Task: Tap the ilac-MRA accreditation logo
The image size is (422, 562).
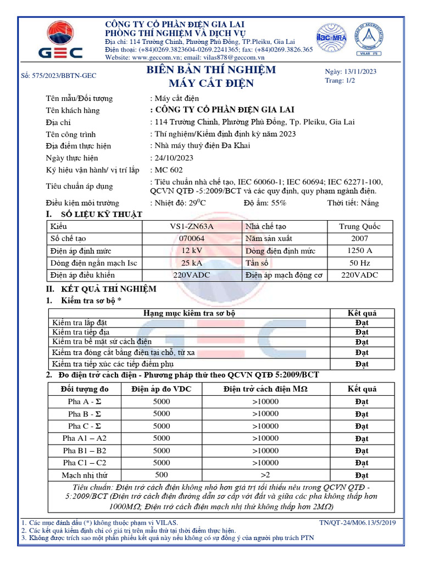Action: (330, 39)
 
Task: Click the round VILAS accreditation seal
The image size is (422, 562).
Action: (370, 40)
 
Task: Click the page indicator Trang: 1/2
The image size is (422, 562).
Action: (341, 81)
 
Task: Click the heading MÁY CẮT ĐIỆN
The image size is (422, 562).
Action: (211, 84)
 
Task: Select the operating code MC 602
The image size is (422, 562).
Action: (169, 170)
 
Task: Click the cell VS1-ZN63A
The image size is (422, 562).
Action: (192, 227)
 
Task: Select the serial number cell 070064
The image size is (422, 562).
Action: (192, 239)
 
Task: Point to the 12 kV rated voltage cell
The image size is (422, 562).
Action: (192, 251)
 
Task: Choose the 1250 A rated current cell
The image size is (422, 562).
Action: (360, 251)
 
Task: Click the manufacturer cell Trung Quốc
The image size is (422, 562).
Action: (360, 227)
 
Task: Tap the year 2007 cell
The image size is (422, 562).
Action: (360, 239)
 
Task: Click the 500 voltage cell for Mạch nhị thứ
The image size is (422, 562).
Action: (162, 475)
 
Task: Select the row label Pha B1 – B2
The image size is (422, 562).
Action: (85, 451)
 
